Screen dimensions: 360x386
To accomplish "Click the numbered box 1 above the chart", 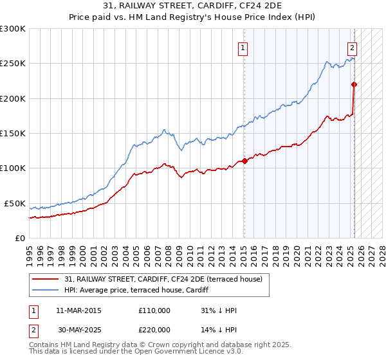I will pyautogui.click(x=244, y=47).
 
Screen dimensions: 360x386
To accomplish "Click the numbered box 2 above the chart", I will pyautogui.click(x=353, y=47).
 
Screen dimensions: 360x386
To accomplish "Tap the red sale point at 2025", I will pyautogui.click(x=354, y=84).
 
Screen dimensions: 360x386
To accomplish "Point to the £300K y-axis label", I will pyautogui.click(x=12, y=29).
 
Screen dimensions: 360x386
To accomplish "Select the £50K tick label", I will pyautogui.click(x=15, y=203).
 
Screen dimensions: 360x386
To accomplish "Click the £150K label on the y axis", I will pyautogui.click(x=12, y=134).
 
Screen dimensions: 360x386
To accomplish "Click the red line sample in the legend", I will pyautogui.click(x=45, y=280).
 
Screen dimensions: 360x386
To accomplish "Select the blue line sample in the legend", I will pyautogui.click(x=45, y=291).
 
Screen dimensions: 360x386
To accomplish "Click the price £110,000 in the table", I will pyautogui.click(x=154, y=311).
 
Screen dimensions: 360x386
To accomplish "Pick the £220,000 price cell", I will pyautogui.click(x=154, y=330).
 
